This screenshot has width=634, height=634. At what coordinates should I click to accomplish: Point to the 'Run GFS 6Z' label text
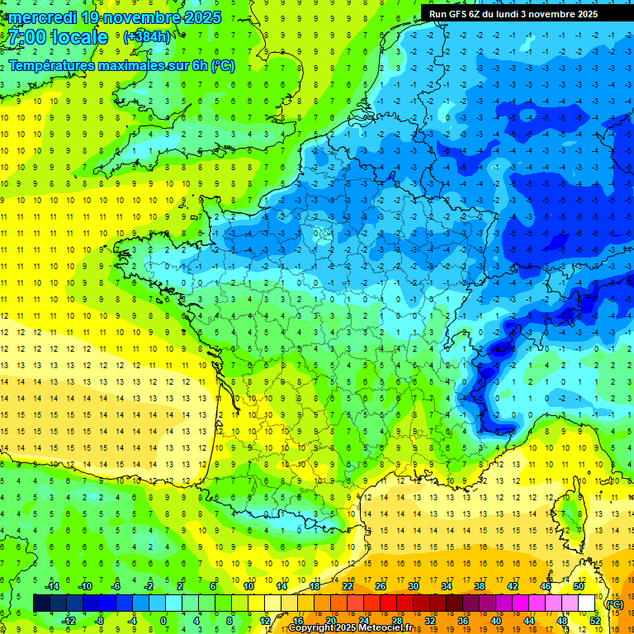(457, 14)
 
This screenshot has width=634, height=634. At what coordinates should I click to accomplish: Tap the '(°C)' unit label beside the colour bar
(614, 603)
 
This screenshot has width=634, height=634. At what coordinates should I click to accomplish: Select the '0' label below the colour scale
(163, 621)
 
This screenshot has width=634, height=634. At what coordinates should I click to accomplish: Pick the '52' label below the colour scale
(594, 621)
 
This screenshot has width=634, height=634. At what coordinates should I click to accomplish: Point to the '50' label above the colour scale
(578, 586)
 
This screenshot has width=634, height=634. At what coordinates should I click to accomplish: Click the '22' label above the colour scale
(348, 586)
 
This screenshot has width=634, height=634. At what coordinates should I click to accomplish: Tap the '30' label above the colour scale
(414, 586)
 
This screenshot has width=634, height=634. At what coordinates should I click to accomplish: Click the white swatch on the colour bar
(586, 603)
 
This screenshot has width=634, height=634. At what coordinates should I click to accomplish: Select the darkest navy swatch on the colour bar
(41, 603)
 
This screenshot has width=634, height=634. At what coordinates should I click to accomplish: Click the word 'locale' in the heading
(79, 37)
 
